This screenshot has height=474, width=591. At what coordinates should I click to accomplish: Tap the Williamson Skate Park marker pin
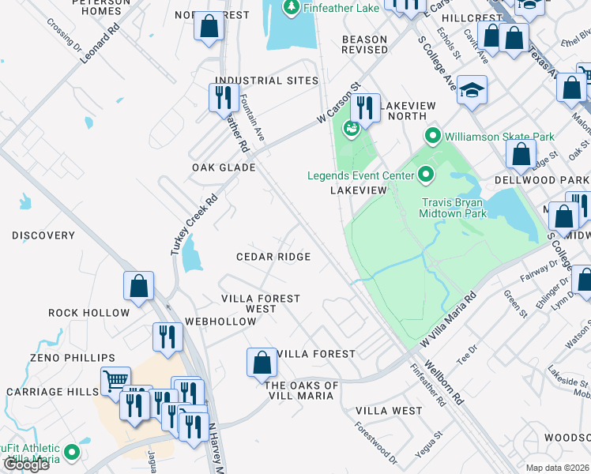(432, 137)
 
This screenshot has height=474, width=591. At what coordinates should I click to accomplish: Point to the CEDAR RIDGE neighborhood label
(273, 257)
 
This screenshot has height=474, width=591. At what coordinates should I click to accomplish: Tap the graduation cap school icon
(472, 91)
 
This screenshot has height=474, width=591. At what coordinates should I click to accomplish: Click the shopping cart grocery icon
(115, 382)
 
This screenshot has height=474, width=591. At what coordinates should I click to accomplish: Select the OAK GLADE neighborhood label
(224, 167)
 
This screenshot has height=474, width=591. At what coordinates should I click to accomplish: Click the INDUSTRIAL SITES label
(267, 81)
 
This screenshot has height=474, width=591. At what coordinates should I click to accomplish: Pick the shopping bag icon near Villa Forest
(262, 363)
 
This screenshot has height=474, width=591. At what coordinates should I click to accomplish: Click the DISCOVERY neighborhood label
(43, 235)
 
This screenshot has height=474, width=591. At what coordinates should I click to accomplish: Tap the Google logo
(26, 464)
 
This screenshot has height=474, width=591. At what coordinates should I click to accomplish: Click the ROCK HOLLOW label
(88, 313)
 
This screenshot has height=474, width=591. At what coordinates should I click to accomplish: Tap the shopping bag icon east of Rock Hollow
(138, 286)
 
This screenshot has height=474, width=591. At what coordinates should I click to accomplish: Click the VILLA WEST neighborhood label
(389, 411)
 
